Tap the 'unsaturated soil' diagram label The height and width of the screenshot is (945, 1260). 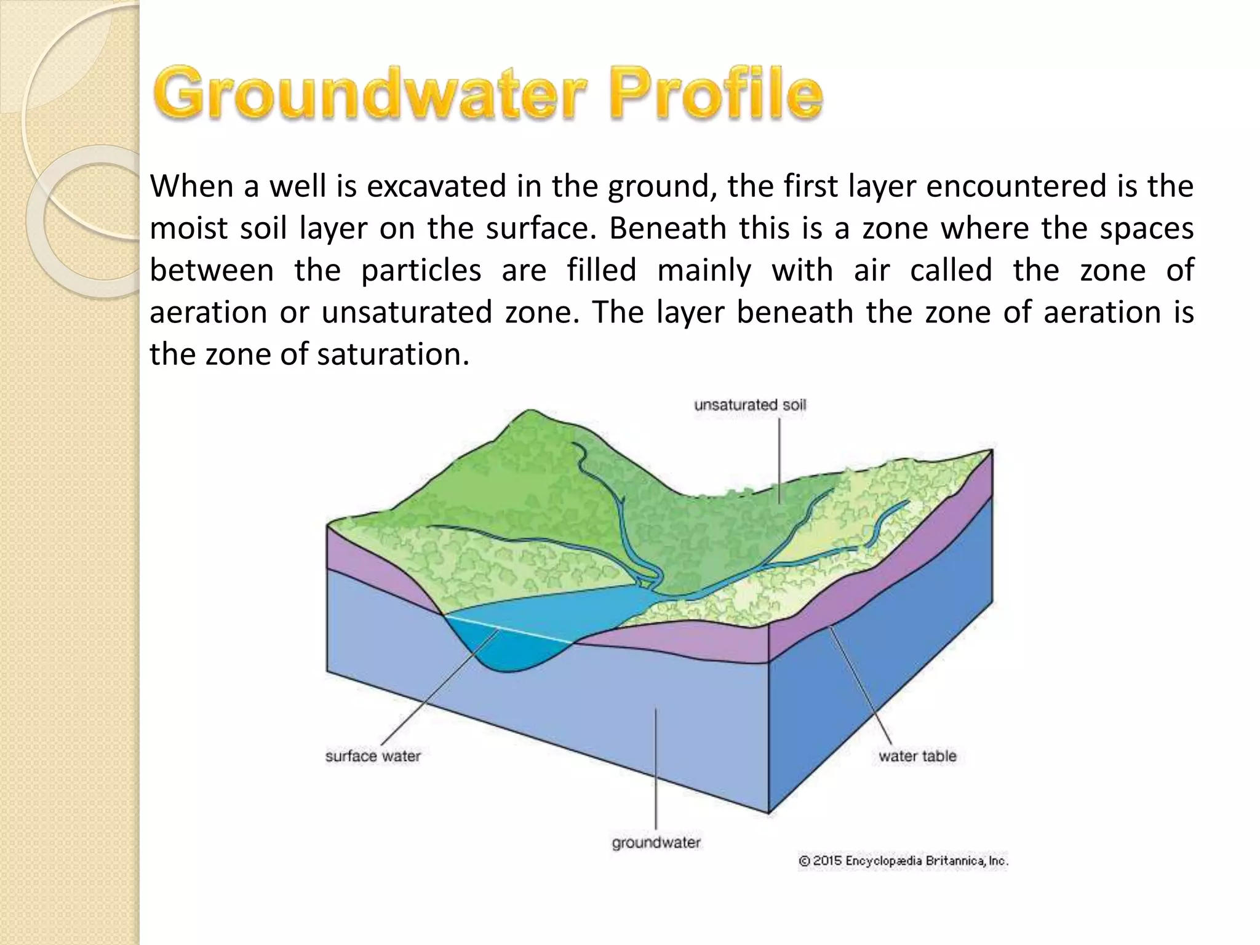click(x=750, y=405)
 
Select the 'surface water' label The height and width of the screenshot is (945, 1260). click(x=373, y=756)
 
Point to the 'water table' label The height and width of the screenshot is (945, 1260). click(x=917, y=756)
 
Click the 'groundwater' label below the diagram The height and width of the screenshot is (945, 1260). click(x=656, y=842)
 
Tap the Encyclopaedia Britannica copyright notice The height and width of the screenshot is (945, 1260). click(x=903, y=861)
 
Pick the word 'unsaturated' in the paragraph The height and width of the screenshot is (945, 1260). click(x=407, y=313)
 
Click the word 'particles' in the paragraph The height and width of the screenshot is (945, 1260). click(x=421, y=271)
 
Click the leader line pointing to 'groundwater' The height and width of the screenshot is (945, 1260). click(x=656, y=769)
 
